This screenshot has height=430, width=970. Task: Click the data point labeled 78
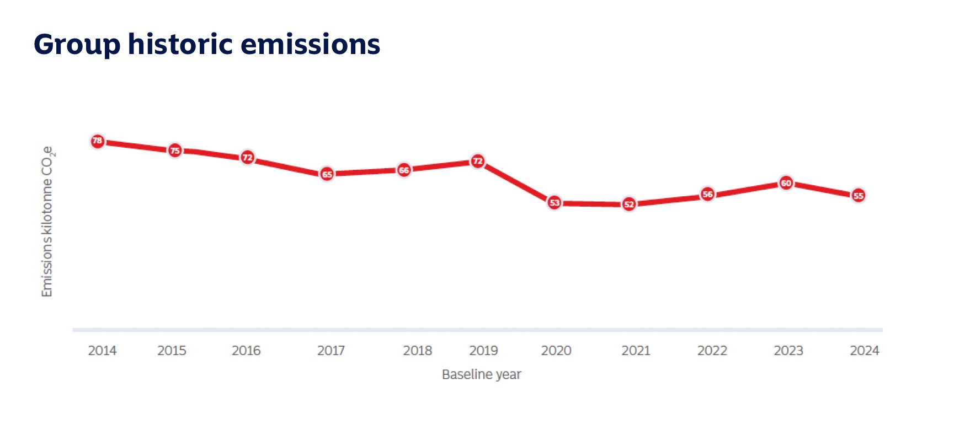[x=97, y=141]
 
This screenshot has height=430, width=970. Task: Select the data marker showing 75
[x=175, y=150]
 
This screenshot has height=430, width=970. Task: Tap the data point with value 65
[x=327, y=174]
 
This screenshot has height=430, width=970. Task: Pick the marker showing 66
[x=404, y=170]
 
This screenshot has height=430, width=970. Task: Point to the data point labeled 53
[x=555, y=203]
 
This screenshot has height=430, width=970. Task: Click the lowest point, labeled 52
[x=629, y=205]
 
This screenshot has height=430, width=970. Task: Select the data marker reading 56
[x=707, y=194]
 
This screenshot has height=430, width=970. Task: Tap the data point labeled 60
[x=786, y=183]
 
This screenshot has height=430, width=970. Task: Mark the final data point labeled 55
[x=859, y=196]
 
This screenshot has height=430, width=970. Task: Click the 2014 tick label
[x=102, y=351]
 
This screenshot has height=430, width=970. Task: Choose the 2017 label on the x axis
[x=331, y=351]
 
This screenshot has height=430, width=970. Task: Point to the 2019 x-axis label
[x=483, y=351]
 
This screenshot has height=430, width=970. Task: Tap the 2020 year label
[x=556, y=351]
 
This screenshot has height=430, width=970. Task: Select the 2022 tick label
[x=712, y=351]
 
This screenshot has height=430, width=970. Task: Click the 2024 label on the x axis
[x=864, y=351]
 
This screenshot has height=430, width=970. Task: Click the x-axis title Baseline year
[x=481, y=375]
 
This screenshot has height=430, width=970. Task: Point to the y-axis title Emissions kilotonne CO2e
[x=47, y=222]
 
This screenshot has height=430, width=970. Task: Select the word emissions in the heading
[x=311, y=44]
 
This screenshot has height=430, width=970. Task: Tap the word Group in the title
[x=77, y=44]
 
